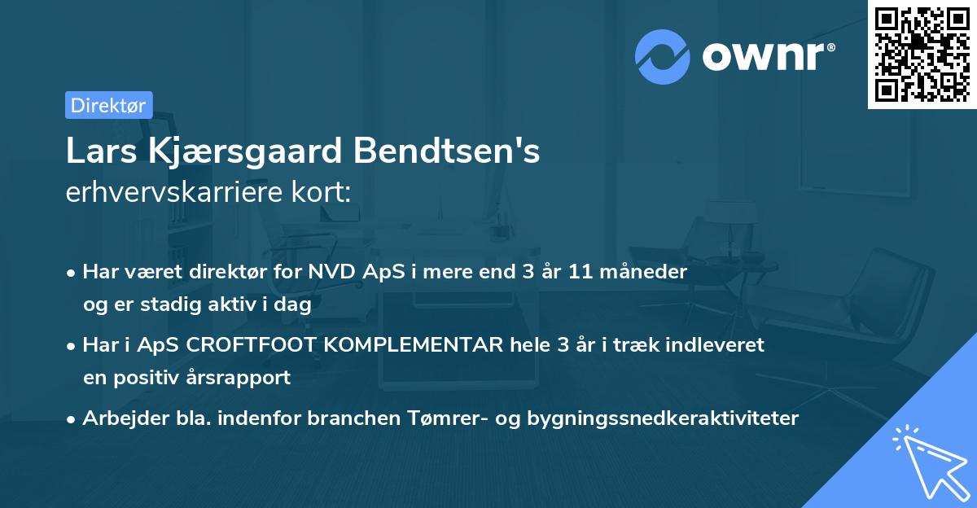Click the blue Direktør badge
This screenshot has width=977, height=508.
108,105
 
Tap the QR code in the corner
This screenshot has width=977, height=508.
922,54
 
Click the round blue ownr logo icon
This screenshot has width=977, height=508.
663,56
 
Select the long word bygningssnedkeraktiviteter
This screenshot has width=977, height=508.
664,418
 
